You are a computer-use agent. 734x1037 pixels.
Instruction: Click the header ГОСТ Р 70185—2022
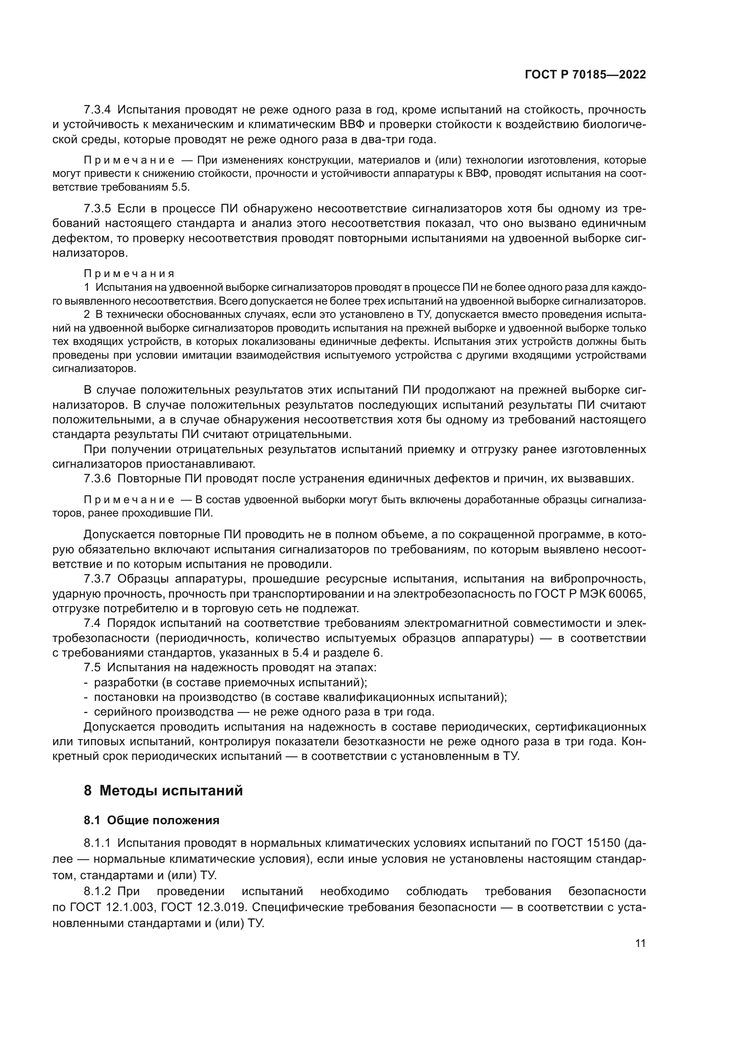(585, 75)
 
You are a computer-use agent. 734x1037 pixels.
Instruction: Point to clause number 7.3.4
(97, 110)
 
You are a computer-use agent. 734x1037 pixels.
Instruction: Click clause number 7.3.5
(97, 209)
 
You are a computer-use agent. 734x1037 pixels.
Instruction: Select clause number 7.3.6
(97, 478)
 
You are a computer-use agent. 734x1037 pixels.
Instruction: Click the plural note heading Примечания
(129, 274)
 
